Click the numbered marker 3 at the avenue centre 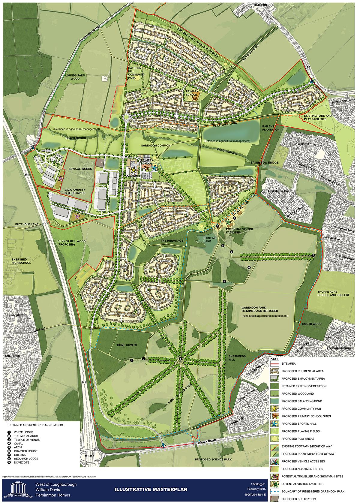(x=180, y=359)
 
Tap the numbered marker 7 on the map (x=313, y=255)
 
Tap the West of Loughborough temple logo (x=18, y=488)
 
